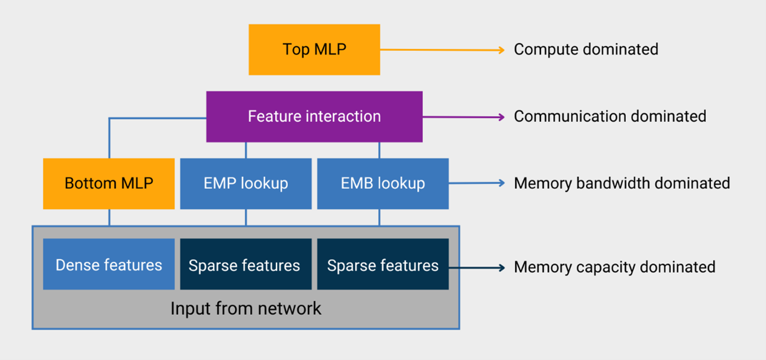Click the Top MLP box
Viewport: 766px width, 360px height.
pos(314,50)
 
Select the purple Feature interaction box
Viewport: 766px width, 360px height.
pos(314,117)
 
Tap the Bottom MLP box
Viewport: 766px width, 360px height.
pos(109,184)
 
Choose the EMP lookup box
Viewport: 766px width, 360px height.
pos(246,184)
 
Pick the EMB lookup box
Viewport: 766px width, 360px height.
pos(383,184)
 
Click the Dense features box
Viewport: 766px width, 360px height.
pos(109,265)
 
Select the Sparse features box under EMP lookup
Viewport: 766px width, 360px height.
pos(246,265)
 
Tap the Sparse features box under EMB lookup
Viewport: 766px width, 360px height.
pos(383,265)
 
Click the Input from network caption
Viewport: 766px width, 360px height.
pos(246,309)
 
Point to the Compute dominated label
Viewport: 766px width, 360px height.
pos(586,49)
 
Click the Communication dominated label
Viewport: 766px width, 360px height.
pos(610,116)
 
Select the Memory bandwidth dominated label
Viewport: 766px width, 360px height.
pos(622,183)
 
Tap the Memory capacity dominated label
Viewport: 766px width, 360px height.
pos(615,267)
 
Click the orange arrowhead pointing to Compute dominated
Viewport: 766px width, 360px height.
pos(501,50)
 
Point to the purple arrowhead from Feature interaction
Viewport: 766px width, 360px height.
pos(501,117)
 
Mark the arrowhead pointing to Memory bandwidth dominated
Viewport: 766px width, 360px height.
pos(501,183)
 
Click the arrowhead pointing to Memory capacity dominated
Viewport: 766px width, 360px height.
pos(501,267)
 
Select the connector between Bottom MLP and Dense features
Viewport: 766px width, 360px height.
pos(109,218)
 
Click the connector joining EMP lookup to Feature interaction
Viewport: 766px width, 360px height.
pos(246,150)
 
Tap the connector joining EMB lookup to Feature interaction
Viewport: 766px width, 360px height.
pos(379,150)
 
